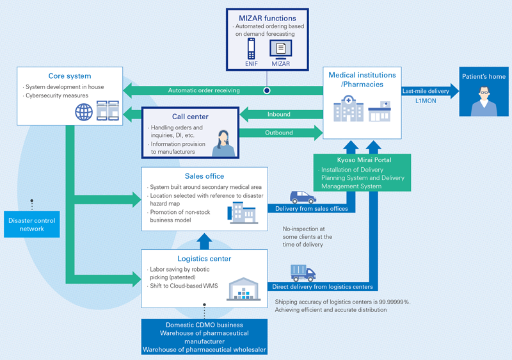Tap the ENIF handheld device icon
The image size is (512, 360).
click(251, 49)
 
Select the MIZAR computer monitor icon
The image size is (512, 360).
click(280, 49)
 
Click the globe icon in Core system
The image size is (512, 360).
click(84, 113)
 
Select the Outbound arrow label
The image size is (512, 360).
click(278, 133)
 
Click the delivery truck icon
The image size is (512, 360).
click(303, 273)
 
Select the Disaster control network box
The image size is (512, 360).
click(31, 224)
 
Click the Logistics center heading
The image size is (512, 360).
click(205, 258)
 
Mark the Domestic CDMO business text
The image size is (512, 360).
click(204, 324)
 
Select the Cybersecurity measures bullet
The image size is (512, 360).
click(58, 96)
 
